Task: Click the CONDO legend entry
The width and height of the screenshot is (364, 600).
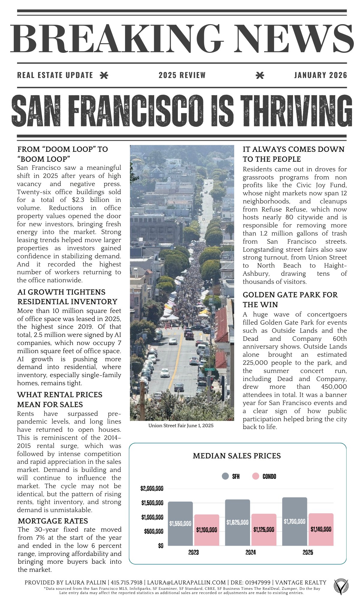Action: pyautogui.click(x=264, y=476)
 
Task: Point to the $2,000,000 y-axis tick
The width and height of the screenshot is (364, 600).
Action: pyautogui.click(x=152, y=489)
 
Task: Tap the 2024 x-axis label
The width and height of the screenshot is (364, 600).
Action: pyautogui.click(x=251, y=552)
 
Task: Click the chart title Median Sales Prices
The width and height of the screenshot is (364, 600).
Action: pyautogui.click(x=237, y=456)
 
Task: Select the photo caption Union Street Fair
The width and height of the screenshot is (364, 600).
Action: pyautogui.click(x=181, y=425)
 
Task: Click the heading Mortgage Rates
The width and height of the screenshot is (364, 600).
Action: pyautogui.click(x=53, y=521)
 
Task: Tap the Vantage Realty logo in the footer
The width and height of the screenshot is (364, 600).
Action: pyautogui.click(x=342, y=586)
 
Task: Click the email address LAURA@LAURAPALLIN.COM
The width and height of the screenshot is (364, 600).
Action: pyautogui.click(x=186, y=583)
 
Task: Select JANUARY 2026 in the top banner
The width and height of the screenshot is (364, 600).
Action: pyautogui.click(x=321, y=75)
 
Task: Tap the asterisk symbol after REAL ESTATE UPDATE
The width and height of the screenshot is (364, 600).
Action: pyautogui.click(x=104, y=75)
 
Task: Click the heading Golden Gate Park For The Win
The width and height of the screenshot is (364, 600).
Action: pyautogui.click(x=290, y=300)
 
